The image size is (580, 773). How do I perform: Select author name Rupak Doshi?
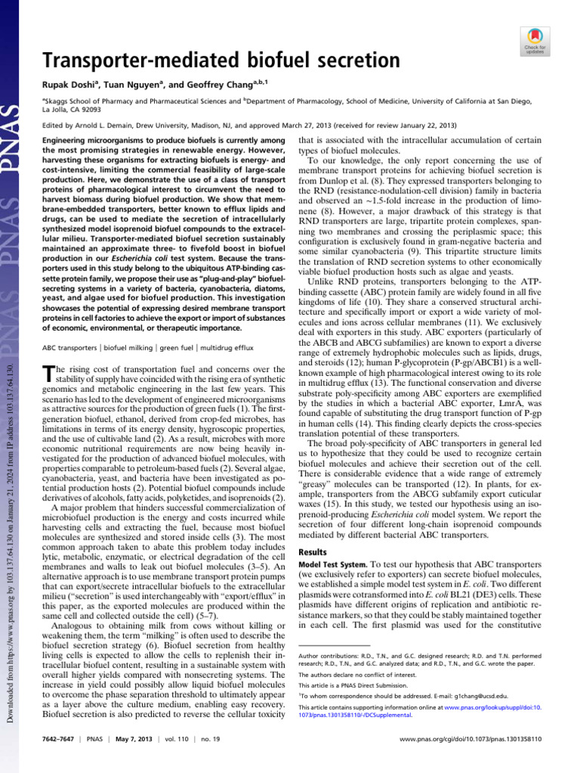click(x=68, y=84)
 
